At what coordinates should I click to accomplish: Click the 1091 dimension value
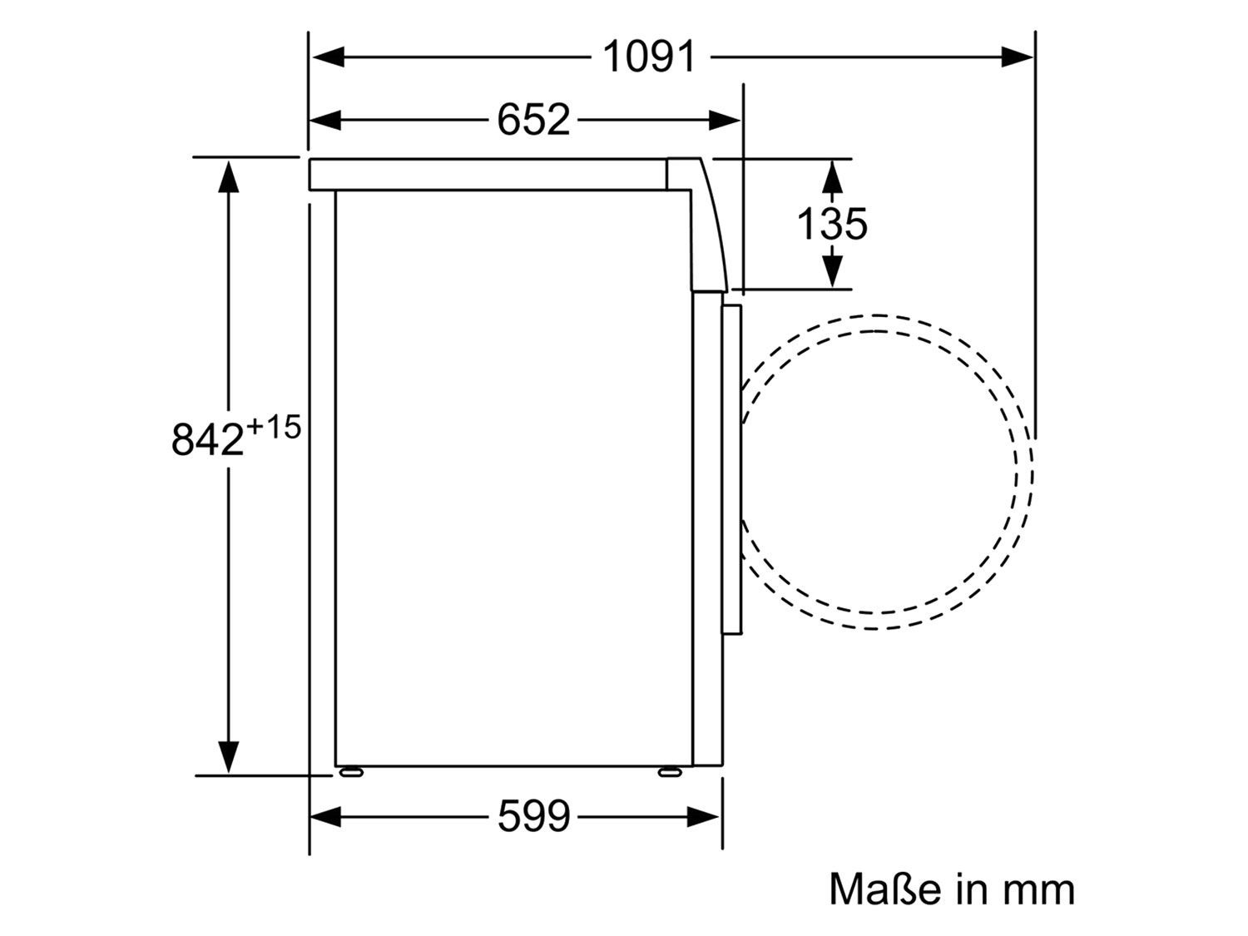pos(649,57)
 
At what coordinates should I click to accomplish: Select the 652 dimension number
pos(533,120)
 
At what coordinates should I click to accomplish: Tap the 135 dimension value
pos(832,224)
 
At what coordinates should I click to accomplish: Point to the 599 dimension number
pos(533,817)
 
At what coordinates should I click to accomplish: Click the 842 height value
pos(208,438)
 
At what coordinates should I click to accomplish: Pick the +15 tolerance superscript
pos(273,427)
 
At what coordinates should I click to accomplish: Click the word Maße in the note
pos(885,889)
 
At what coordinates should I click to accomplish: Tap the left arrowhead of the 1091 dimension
pos(328,57)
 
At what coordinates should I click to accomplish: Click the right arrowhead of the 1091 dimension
pos(1016,57)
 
